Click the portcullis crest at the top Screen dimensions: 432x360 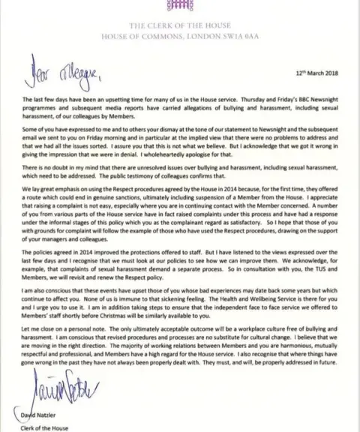point(179,4)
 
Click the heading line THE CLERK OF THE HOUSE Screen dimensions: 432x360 point(179,18)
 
